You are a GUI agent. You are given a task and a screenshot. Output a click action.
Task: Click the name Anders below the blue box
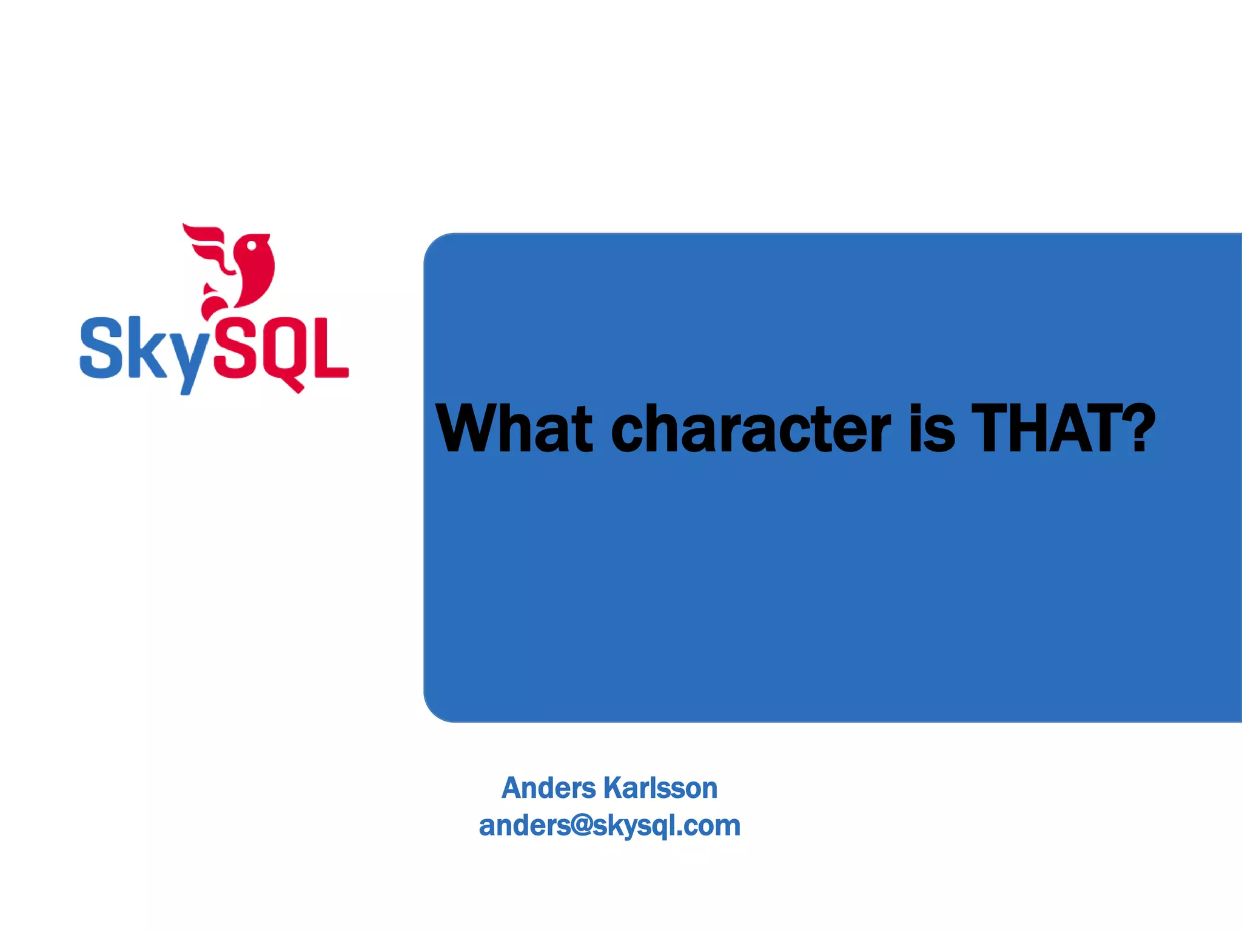(549, 788)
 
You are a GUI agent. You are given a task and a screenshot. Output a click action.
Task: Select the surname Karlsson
(660, 788)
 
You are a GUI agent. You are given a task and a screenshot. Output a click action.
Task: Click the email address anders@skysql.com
(609, 826)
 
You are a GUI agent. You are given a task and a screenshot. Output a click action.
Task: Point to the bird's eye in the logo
(249, 245)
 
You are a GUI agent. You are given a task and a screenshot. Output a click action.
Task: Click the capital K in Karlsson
(613, 788)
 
